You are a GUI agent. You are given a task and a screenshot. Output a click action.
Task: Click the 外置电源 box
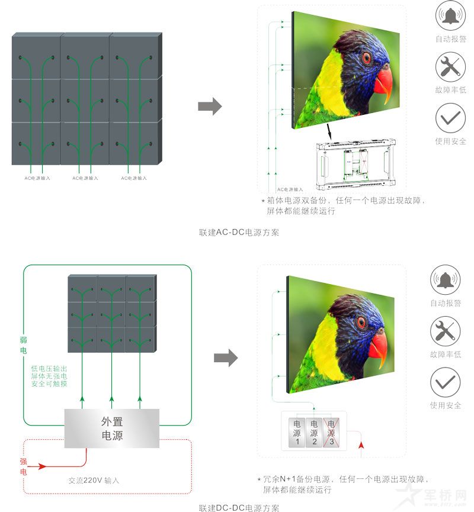click(x=112, y=429)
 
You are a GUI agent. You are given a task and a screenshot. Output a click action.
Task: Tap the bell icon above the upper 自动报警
click(x=450, y=16)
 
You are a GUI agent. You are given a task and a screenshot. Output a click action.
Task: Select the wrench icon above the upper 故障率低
click(x=450, y=67)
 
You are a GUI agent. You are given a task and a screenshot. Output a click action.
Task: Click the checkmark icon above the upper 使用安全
click(x=450, y=118)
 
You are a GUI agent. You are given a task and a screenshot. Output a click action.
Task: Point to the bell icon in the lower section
click(x=446, y=281)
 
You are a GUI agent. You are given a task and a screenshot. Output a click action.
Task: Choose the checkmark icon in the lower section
click(x=445, y=382)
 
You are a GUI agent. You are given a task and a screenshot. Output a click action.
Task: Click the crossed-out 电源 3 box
click(x=331, y=433)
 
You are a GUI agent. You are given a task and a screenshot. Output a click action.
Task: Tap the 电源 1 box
click(x=297, y=433)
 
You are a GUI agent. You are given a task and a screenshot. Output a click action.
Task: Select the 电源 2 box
click(x=314, y=433)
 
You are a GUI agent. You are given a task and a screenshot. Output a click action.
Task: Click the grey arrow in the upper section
click(x=209, y=107)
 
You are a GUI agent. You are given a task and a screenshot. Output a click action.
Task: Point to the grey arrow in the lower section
click(x=225, y=358)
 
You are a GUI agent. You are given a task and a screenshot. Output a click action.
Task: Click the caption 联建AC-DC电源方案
click(x=239, y=233)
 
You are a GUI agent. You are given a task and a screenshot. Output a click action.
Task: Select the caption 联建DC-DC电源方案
click(x=239, y=507)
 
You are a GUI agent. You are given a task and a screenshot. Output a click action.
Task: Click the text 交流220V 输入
click(x=94, y=481)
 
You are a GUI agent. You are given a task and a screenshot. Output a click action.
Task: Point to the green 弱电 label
click(x=24, y=346)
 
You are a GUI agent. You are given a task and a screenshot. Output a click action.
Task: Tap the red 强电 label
click(x=24, y=466)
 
